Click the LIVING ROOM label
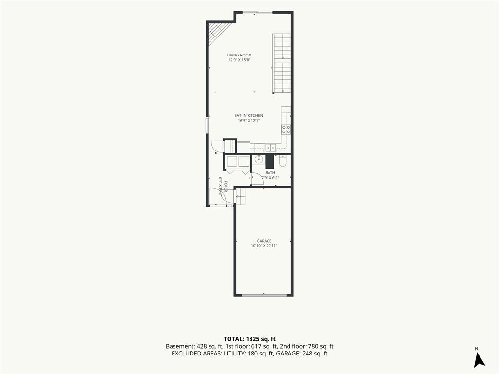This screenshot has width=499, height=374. [x=239, y=55]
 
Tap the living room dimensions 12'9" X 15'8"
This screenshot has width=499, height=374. [x=239, y=60]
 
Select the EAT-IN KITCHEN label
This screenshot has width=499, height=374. [x=249, y=116]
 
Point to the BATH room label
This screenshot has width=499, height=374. [x=270, y=173]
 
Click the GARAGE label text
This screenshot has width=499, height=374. [x=264, y=241]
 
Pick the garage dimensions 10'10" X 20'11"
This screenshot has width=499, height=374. [x=264, y=246]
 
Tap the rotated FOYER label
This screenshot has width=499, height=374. [x=226, y=187]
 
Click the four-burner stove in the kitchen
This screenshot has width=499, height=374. [x=286, y=129]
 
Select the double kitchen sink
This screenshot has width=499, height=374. [x=270, y=148]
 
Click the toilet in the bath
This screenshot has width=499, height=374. [x=283, y=161]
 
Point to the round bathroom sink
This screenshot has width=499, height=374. [x=258, y=159]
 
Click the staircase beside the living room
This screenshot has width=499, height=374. [x=282, y=63]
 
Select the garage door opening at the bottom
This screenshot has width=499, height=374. [x=264, y=295]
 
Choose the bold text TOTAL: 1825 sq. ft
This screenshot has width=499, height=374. [x=249, y=339]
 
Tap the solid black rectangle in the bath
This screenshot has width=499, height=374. [x=270, y=162]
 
